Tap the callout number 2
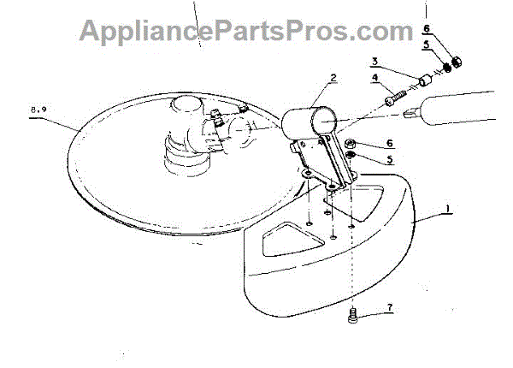click(333, 77)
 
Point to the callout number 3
click(374, 62)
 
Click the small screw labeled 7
click(354, 318)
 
